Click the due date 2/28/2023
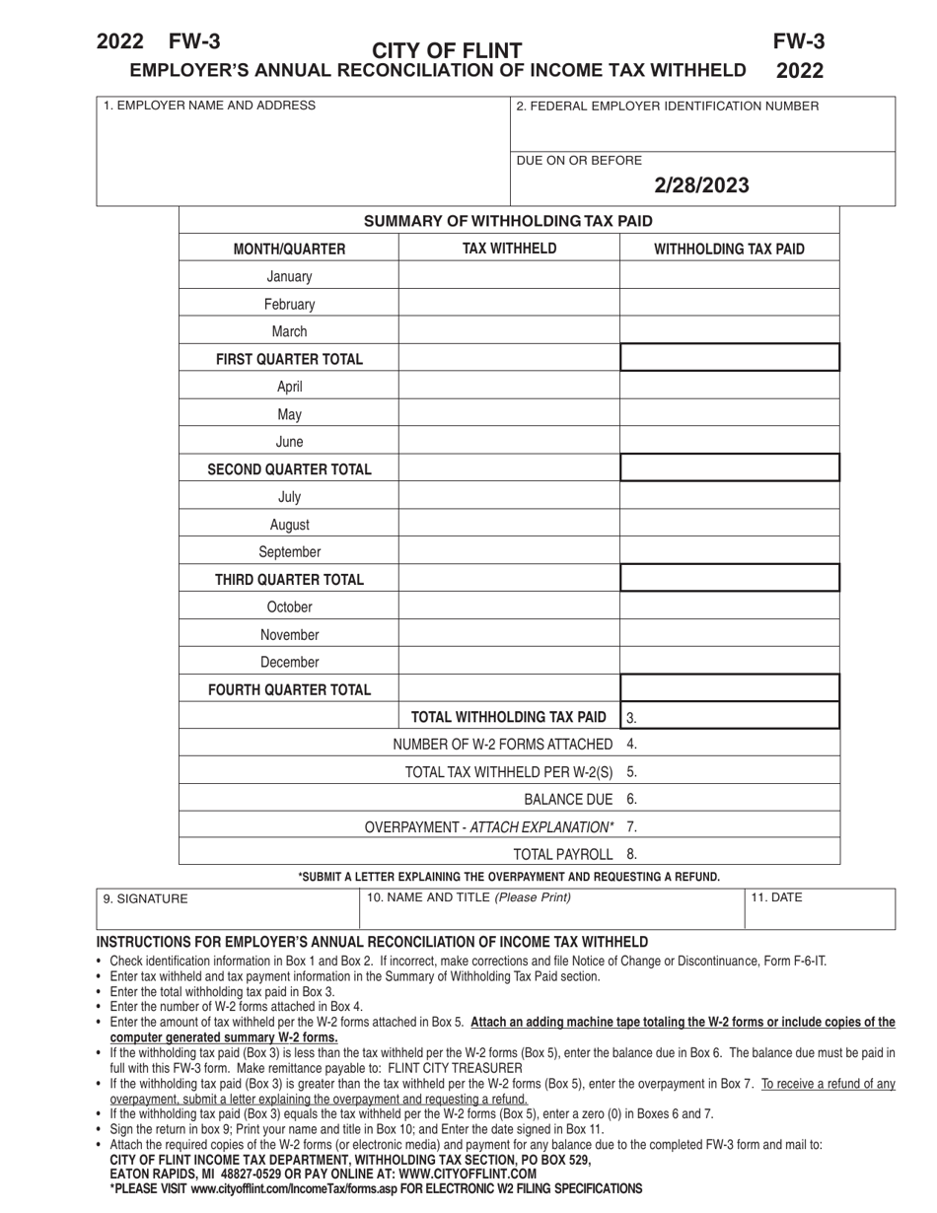coord(701,185)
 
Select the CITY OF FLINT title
coord(447,50)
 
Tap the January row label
coord(289,277)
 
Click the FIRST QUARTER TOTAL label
coord(289,359)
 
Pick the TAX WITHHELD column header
coord(509,249)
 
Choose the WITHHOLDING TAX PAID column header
coord(729,250)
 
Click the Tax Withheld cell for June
coord(509,442)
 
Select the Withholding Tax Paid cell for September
coord(729,552)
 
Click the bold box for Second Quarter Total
coord(729,468)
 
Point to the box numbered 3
coord(729,717)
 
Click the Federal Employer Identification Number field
coord(702,124)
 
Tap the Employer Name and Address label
coord(210,106)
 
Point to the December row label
coord(289,663)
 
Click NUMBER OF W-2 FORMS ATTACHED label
coord(502,744)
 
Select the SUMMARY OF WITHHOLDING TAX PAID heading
coord(508,221)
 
